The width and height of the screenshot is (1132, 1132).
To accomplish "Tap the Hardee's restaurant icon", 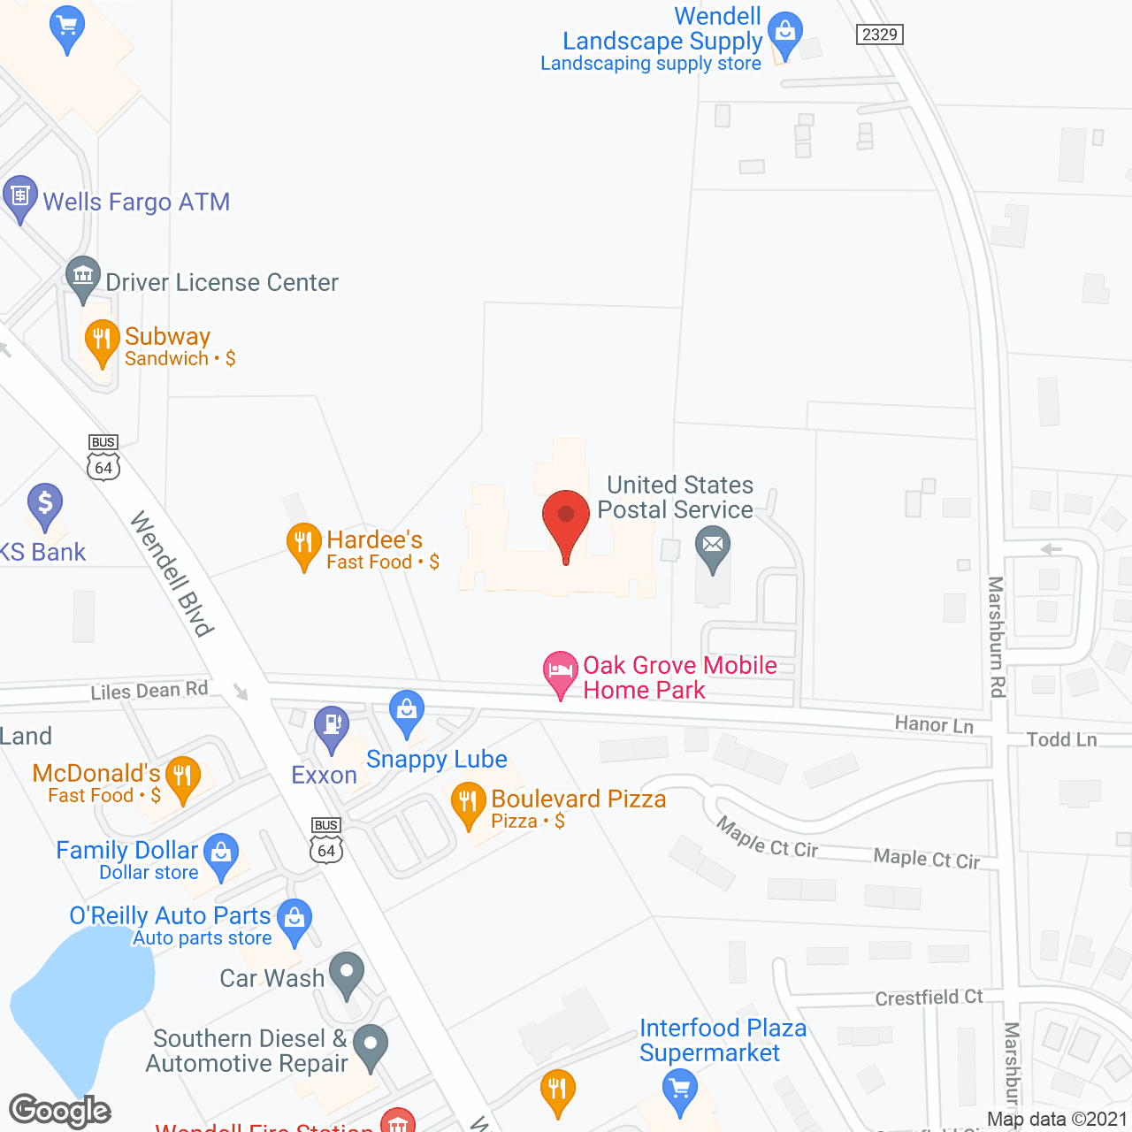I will point(303,543).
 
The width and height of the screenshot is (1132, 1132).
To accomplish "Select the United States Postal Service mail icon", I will point(712,545).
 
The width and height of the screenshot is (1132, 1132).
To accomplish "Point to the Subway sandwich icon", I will point(102,340).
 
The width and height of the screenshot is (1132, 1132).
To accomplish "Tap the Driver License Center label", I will point(222,282).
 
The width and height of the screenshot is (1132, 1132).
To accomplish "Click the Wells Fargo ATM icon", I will point(19,197).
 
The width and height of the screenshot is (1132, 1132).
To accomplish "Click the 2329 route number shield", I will point(880,34).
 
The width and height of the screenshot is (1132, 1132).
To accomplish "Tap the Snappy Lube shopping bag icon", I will point(407,711).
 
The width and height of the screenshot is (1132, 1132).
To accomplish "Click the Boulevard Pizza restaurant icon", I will point(468,803).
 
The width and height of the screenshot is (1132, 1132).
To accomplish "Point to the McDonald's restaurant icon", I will point(183,777).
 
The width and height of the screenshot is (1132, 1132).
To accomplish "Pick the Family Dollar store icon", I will point(221,853).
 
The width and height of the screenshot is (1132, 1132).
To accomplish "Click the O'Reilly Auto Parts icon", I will point(294,919).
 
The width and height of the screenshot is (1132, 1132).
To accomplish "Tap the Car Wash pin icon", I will point(347,972).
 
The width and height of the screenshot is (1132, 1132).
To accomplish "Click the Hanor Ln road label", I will point(934,725).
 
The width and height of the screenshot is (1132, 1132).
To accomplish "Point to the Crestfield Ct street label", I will point(929,998).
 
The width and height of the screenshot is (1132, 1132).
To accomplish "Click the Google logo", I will point(60,1111).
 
